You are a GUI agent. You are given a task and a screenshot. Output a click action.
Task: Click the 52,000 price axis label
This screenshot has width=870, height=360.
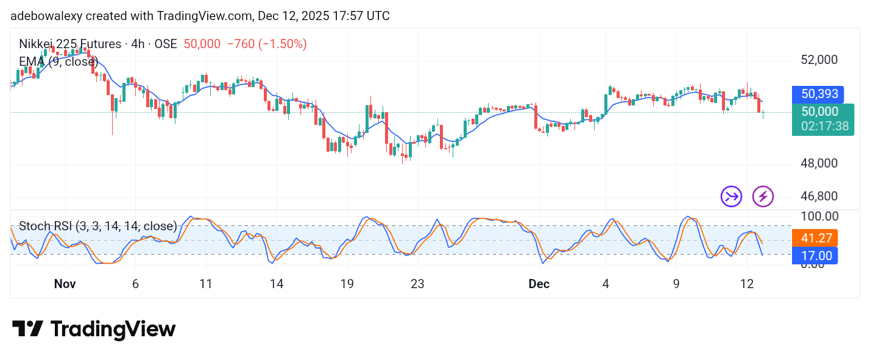(819, 60)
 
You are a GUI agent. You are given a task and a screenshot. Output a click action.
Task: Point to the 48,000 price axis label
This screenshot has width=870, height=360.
(819, 164)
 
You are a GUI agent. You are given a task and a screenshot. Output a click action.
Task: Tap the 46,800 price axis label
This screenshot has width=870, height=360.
(819, 197)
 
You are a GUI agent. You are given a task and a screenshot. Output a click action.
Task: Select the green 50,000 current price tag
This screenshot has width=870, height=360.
(820, 111)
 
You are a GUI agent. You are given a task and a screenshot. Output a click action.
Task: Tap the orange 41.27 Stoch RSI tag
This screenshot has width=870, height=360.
(815, 238)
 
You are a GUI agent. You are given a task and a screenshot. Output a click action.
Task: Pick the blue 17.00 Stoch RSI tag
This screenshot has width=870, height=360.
(815, 255)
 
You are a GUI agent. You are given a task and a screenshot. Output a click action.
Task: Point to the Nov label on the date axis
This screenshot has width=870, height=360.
(65, 284)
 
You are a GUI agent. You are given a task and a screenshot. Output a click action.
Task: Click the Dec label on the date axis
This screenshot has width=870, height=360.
(539, 284)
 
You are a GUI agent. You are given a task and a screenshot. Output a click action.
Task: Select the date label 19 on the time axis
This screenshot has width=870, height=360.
(347, 284)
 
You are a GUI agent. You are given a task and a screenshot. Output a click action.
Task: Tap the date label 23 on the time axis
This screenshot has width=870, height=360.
(417, 284)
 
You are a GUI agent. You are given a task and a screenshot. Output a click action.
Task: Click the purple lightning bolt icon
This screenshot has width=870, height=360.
(763, 197)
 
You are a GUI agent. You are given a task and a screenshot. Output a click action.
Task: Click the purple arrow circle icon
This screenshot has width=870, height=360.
(731, 197)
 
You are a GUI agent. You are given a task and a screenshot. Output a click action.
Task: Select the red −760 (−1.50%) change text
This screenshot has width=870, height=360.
(267, 44)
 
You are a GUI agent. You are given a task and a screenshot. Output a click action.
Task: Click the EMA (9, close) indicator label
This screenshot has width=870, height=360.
(58, 62)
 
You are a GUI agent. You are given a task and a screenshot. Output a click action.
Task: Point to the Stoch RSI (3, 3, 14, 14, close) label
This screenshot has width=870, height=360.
(97, 227)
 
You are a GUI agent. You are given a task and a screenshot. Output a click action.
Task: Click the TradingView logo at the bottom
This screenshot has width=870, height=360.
(94, 330)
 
